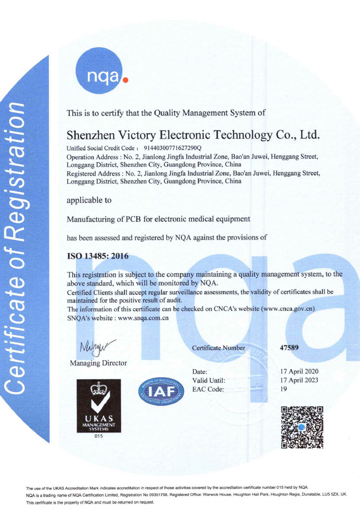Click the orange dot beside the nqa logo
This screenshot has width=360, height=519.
pos(125,80)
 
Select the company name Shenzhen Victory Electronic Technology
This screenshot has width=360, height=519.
pos(193,135)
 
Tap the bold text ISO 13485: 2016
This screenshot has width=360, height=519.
pos(98,256)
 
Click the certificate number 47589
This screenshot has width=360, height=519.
pos(290,347)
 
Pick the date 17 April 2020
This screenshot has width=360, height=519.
pos(299,372)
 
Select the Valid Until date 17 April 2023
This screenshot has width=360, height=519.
pos(299,380)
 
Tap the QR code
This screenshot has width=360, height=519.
pos(302,427)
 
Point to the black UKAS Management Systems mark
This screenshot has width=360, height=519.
pos(99,406)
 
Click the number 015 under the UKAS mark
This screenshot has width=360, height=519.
pos(99,437)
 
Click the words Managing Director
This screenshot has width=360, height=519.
pos(98,363)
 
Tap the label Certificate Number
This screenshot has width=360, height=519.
pos(219,348)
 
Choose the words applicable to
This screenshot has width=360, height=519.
pos(89,200)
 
